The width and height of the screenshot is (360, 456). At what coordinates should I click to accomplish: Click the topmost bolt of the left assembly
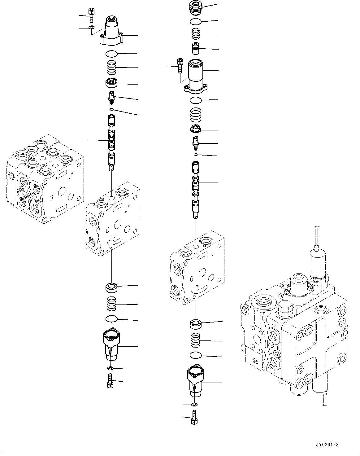pos(91,15)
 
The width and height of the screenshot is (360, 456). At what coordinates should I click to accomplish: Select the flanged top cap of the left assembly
pos(111,33)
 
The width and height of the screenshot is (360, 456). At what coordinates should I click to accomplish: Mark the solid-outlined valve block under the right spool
pos(197,268)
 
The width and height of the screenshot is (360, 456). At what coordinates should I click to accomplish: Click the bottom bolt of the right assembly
pos(195,417)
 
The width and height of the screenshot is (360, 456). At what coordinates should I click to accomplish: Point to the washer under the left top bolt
pos(91,28)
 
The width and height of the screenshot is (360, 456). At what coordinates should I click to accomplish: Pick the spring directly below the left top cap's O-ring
pos(111,67)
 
